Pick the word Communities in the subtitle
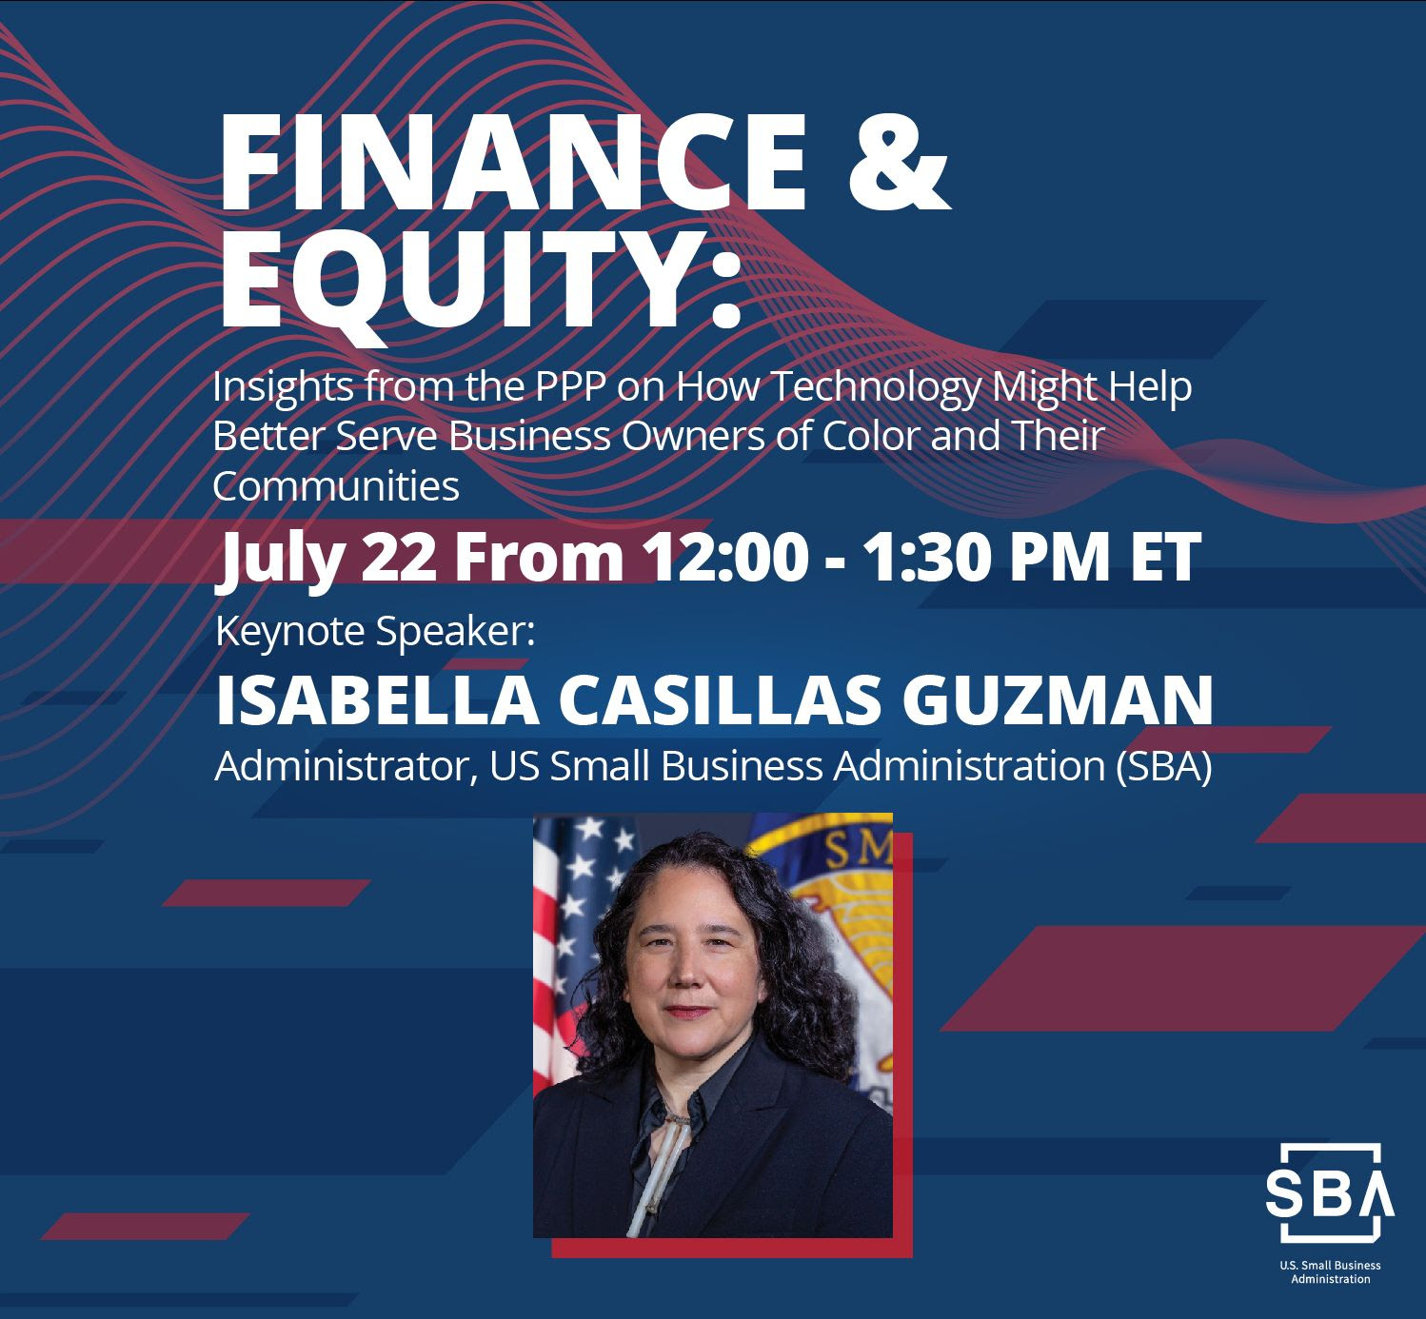click(x=335, y=486)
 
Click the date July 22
click(x=326, y=558)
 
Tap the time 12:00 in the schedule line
click(x=726, y=557)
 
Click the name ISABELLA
click(x=378, y=700)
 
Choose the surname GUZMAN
click(x=1057, y=700)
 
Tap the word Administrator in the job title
click(x=347, y=766)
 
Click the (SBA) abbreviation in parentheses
click(x=1163, y=767)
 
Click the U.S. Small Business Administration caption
click(x=1331, y=1271)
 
